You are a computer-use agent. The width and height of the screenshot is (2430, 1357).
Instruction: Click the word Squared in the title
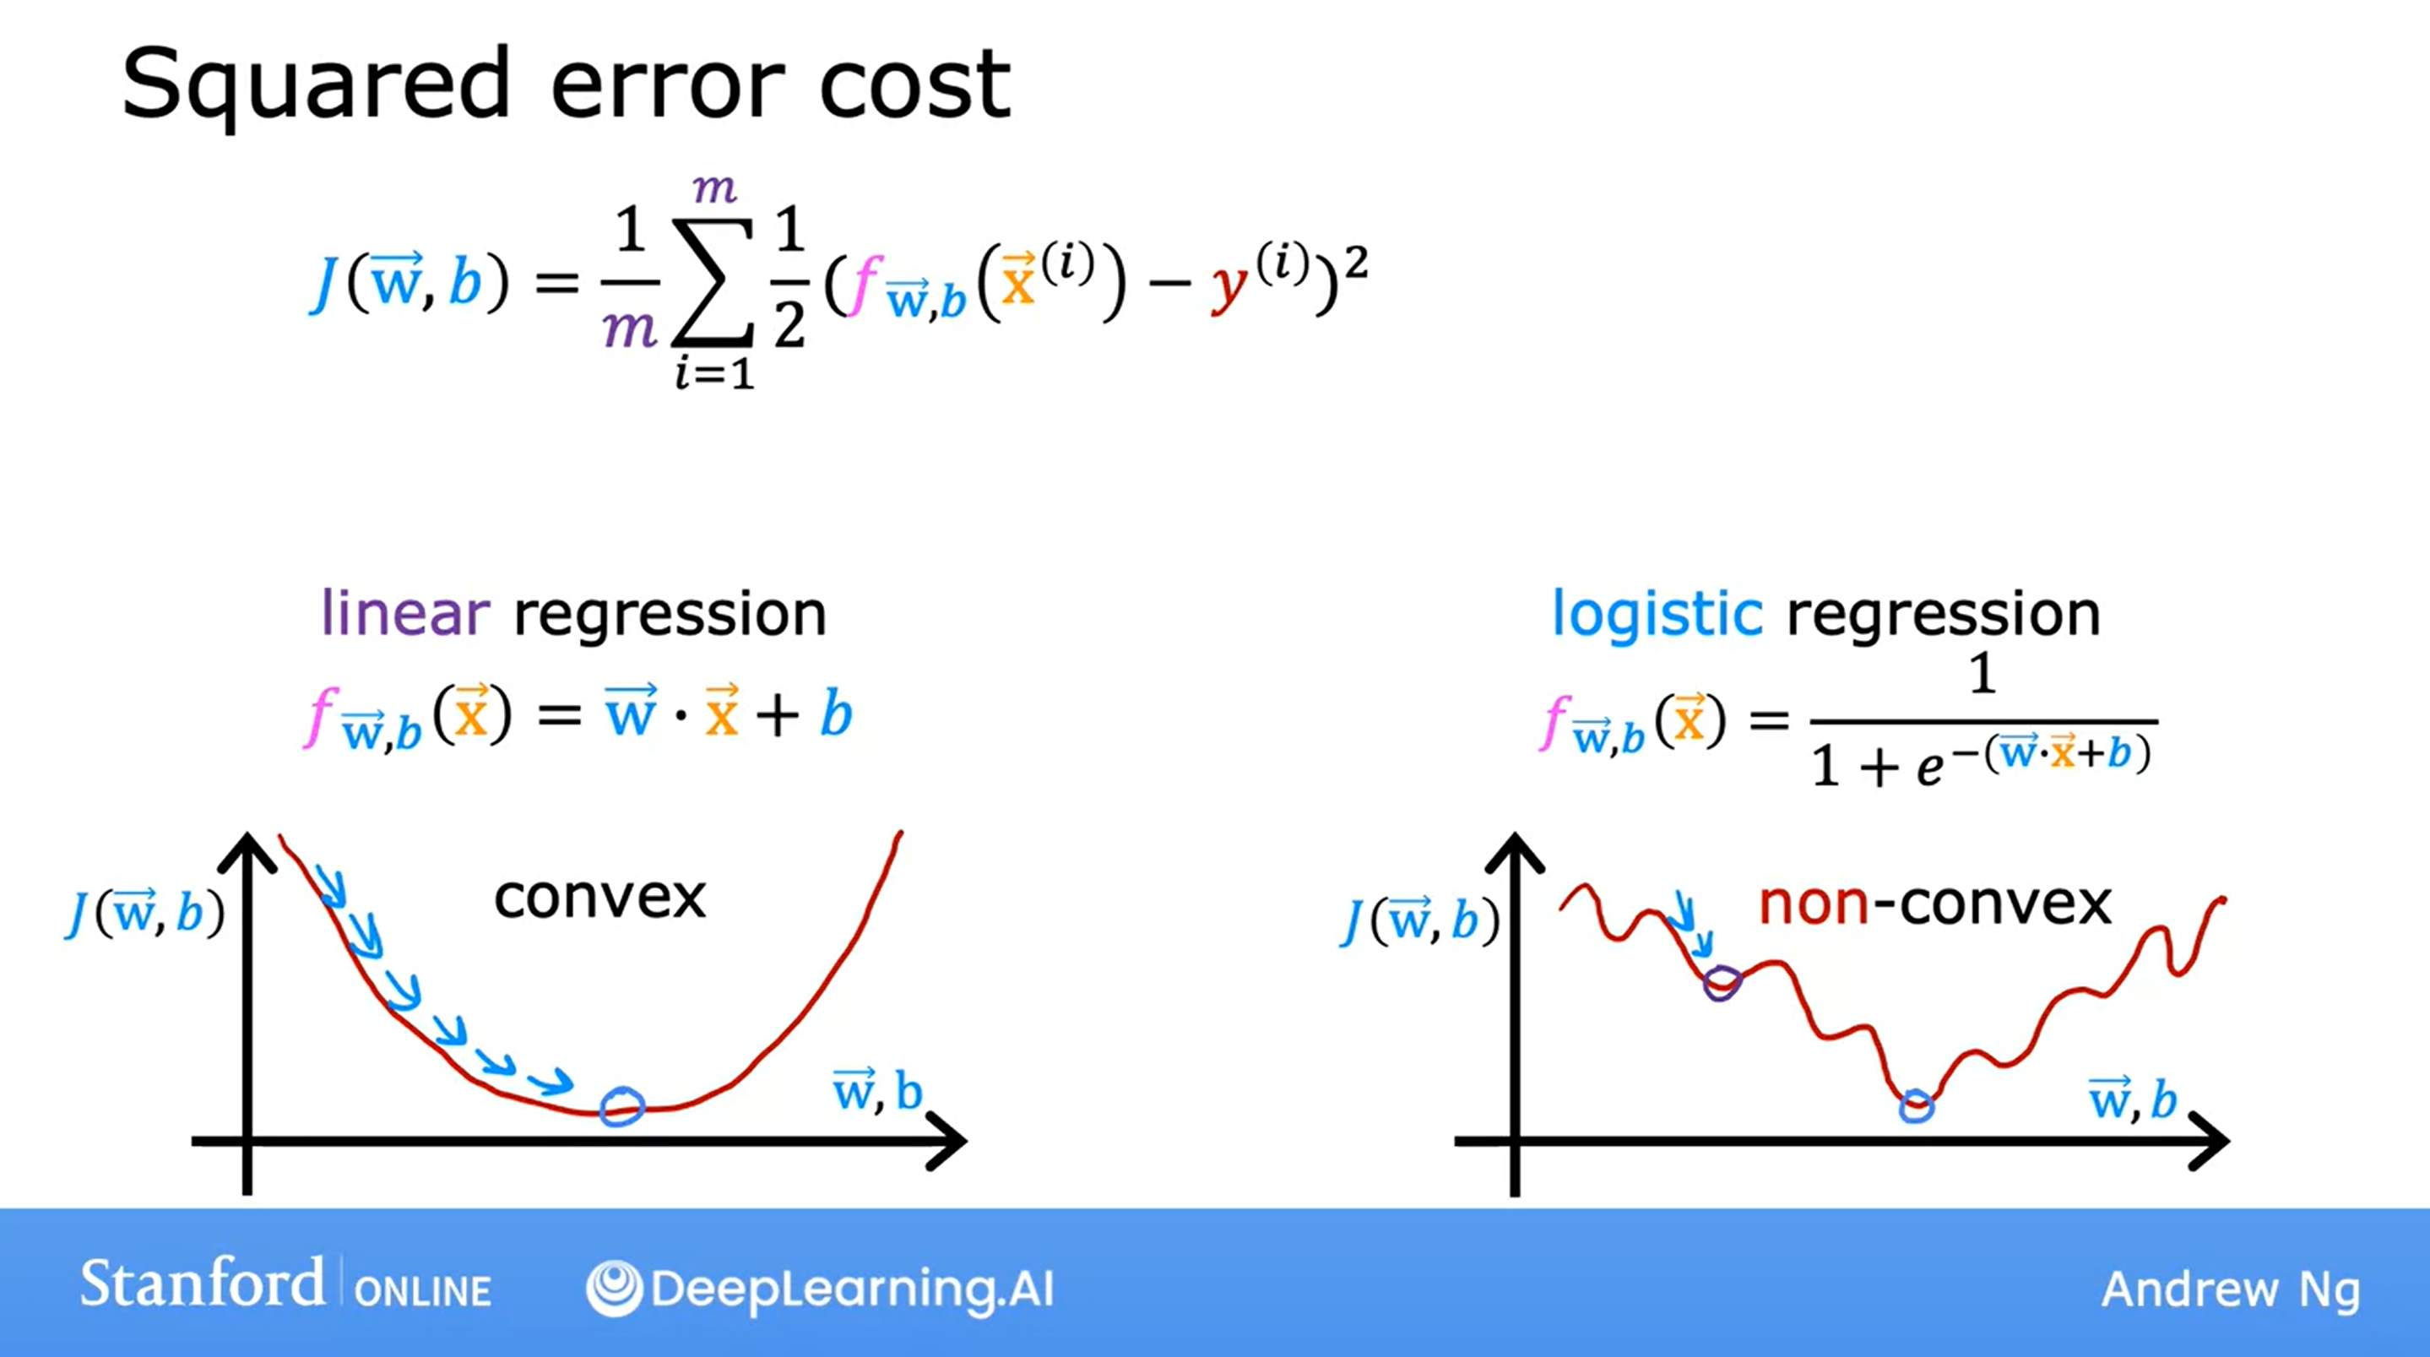[316, 87]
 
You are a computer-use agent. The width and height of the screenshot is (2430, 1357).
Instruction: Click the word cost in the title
[915, 87]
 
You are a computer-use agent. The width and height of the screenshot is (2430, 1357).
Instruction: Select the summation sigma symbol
[713, 281]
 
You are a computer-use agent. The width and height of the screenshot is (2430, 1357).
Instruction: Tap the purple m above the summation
[714, 189]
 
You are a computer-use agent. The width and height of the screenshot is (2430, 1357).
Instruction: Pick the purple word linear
[405, 613]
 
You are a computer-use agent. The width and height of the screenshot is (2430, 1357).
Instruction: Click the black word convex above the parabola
[600, 898]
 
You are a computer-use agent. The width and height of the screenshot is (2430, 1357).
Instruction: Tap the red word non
[1814, 904]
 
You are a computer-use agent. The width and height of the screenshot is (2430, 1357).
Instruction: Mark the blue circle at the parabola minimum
[622, 1106]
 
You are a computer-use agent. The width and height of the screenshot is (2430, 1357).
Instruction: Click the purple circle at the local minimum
[1722, 983]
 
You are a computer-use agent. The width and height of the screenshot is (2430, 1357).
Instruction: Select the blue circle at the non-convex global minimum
[1916, 1106]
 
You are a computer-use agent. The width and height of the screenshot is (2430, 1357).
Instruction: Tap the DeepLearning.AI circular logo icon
[614, 1288]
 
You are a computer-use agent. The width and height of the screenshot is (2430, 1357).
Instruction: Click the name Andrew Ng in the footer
[2231, 1291]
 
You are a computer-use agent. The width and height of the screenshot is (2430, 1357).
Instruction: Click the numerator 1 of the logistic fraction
[1983, 674]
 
